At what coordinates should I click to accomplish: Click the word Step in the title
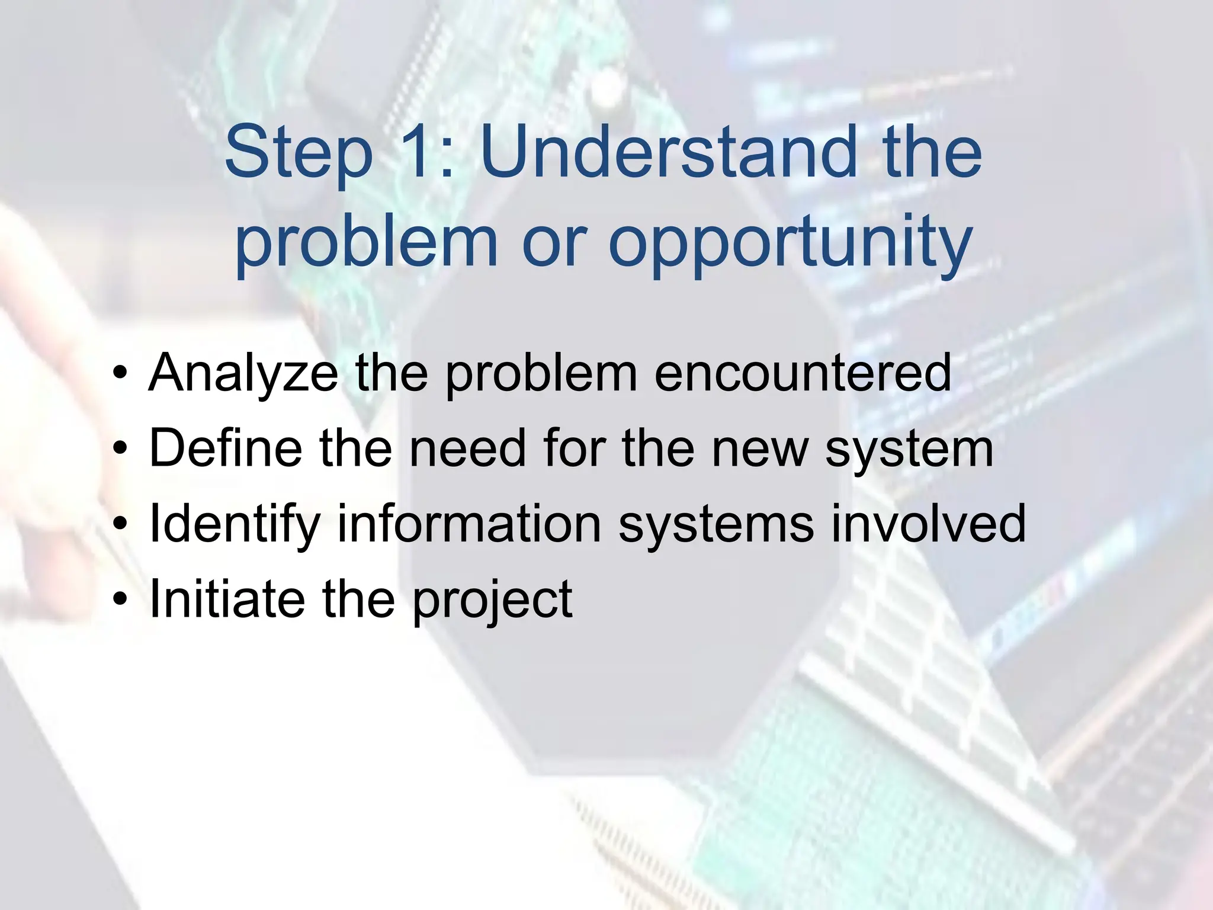point(298,153)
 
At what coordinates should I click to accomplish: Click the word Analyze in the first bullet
point(243,373)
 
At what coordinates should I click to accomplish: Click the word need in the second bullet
point(467,448)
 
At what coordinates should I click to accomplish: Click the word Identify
point(235,524)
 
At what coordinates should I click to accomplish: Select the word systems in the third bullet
point(716,524)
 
